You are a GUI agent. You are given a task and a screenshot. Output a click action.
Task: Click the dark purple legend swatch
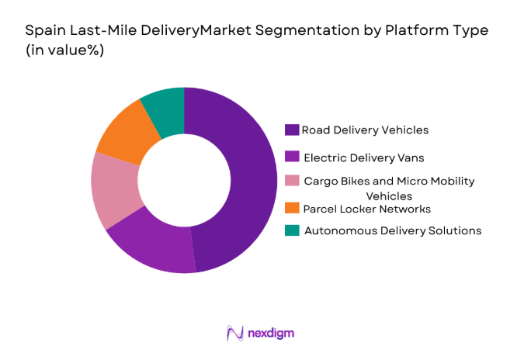point(292,130)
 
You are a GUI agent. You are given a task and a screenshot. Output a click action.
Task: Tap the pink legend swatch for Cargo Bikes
point(292,181)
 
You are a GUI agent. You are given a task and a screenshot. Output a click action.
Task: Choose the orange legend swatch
point(292,209)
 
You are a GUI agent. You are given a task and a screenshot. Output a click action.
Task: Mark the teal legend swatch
point(292,230)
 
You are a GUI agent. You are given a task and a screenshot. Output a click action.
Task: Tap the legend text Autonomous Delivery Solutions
point(393,230)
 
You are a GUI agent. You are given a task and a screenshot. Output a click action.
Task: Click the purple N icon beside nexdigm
point(235,333)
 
